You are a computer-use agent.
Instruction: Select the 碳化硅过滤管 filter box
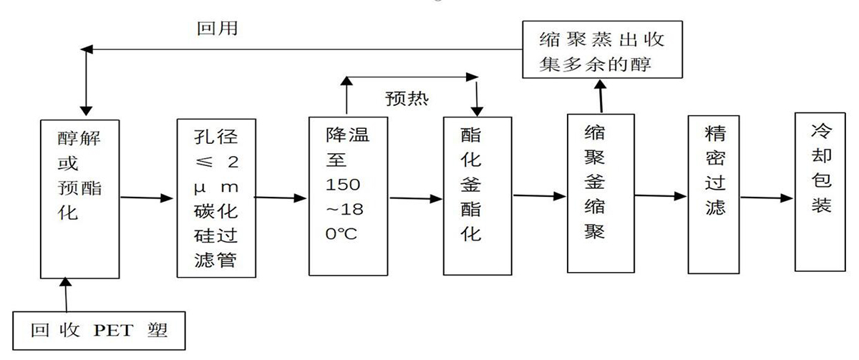point(216,197)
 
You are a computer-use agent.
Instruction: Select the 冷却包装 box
point(821,191)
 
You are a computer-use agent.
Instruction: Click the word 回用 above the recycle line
point(218,30)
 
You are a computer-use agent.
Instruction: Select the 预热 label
point(406,97)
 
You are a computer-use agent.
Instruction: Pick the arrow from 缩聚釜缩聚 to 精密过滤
point(661,195)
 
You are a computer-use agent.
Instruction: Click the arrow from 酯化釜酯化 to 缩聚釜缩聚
point(540,195)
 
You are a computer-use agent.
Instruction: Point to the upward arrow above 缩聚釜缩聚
point(600,95)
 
